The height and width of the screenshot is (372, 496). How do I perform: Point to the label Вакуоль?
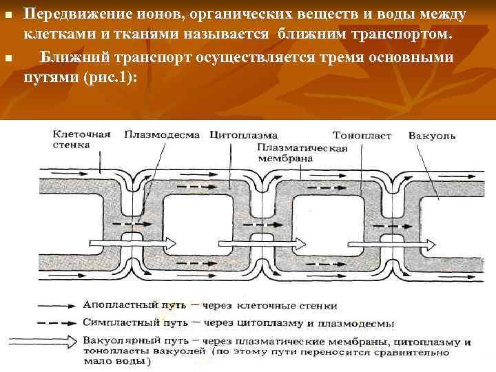point(432,136)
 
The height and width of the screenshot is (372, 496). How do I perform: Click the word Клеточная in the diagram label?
point(81,135)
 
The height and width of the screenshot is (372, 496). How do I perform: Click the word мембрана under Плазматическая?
point(285,158)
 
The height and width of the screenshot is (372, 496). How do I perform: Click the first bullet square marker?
point(8,14)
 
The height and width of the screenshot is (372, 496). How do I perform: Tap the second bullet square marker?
point(8,59)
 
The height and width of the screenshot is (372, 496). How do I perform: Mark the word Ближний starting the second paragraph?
point(72,58)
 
